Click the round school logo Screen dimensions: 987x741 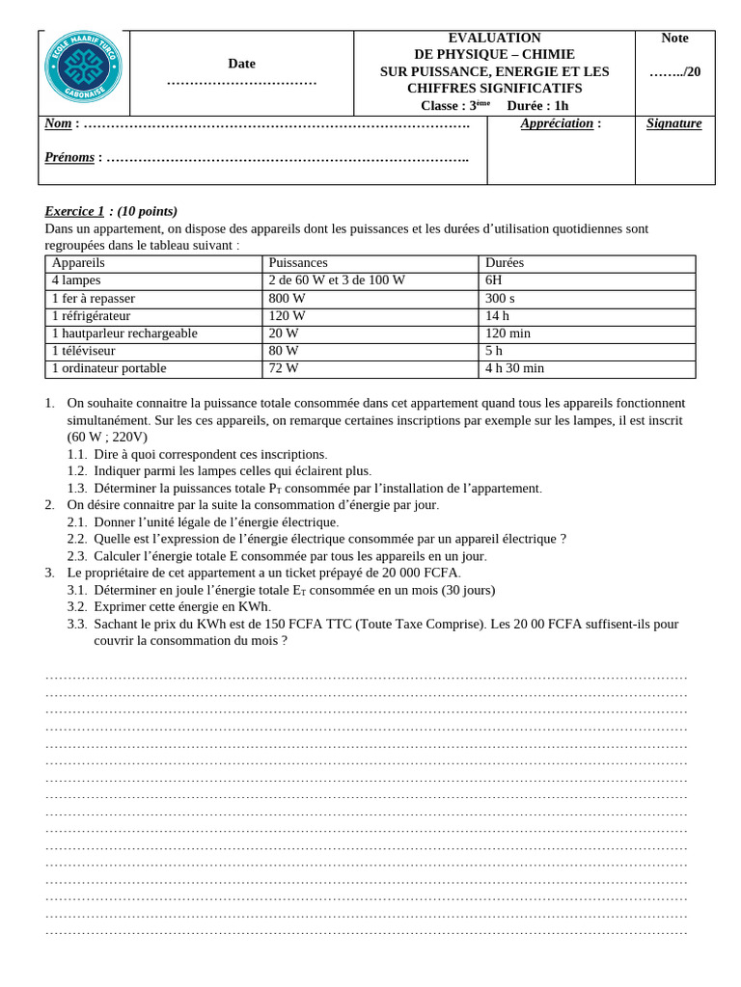click(x=83, y=67)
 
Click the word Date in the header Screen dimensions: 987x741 click(x=241, y=64)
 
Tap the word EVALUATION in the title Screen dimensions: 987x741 click(x=494, y=38)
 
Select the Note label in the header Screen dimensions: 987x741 click(x=674, y=38)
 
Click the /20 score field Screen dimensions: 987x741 click(x=674, y=71)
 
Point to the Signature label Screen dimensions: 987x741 click(x=673, y=123)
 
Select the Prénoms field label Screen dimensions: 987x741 click(x=69, y=157)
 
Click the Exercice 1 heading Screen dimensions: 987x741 click(x=74, y=211)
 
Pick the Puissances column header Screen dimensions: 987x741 click(x=298, y=263)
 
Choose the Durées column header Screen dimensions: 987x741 click(x=505, y=263)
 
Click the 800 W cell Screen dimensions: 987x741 click(x=287, y=299)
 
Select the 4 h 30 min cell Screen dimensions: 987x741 click(x=514, y=368)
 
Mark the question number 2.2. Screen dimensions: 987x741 click(x=77, y=539)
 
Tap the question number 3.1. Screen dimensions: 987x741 click(x=77, y=590)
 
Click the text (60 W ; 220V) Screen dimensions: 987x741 click(x=107, y=437)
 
